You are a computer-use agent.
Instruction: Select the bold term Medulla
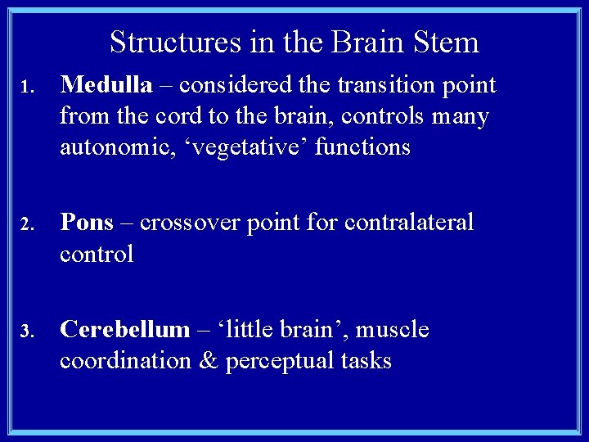[x=106, y=85]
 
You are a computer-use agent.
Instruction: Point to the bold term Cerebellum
[x=124, y=330]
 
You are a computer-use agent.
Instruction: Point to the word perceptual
[x=290, y=361]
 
